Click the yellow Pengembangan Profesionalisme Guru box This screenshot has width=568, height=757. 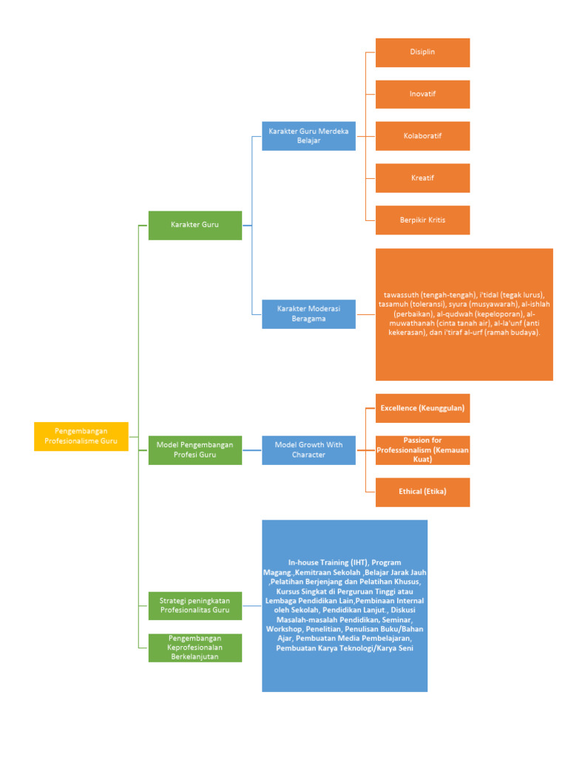click(81, 436)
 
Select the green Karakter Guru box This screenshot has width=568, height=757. click(195, 225)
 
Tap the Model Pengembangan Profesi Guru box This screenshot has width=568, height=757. click(195, 449)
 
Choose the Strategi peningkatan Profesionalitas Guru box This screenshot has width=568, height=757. click(195, 605)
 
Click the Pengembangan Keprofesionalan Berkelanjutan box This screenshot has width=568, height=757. click(195, 648)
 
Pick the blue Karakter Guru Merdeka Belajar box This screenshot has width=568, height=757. click(308, 136)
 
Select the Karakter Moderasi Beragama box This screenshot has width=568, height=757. click(308, 313)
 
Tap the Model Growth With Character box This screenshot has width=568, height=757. click(308, 449)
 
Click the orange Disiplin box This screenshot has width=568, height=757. click(422, 52)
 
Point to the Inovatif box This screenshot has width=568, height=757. click(422, 95)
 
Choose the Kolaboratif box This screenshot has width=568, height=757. click(422, 136)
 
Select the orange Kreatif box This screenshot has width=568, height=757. click(422, 178)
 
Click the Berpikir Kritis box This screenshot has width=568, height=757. click(422, 220)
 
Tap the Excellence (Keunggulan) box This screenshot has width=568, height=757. click(422, 408)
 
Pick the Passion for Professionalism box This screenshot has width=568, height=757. click(422, 450)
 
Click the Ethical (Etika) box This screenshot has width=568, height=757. click(422, 492)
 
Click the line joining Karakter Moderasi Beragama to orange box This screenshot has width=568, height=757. click(365, 314)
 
